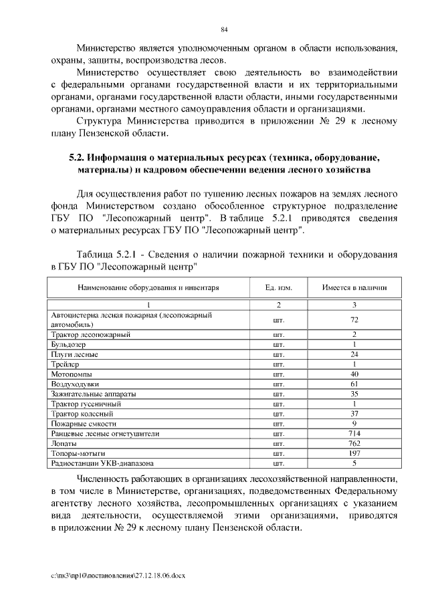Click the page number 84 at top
click(x=225, y=29)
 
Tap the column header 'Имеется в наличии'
click(x=354, y=288)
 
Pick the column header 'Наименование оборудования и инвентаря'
click(x=139, y=288)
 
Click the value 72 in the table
click(x=354, y=320)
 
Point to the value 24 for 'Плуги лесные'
click(x=354, y=354)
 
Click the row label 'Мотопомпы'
click(x=72, y=374)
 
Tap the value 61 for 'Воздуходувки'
click(x=354, y=384)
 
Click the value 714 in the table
click(x=354, y=433)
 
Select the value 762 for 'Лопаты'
click(x=354, y=443)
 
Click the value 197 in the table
click(x=354, y=453)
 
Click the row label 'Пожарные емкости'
click(x=84, y=423)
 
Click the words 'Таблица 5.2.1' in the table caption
click(x=106, y=255)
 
